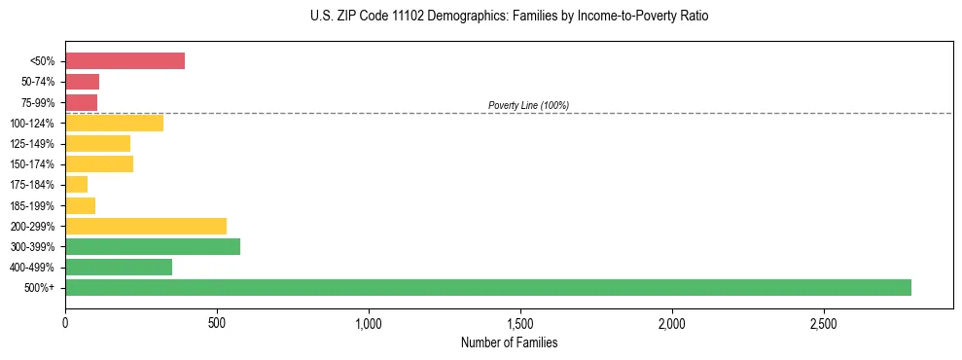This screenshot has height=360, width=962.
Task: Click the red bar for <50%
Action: (x=125, y=61)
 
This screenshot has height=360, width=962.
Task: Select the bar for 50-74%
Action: (x=82, y=82)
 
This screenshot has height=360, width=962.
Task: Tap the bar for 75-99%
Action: (x=81, y=102)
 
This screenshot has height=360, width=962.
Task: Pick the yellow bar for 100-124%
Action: (x=114, y=123)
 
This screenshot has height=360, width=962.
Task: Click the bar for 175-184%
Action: (x=76, y=184)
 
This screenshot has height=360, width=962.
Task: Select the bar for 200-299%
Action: (x=146, y=226)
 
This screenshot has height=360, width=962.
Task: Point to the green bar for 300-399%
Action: (x=153, y=246)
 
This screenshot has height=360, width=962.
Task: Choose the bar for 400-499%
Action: (x=119, y=267)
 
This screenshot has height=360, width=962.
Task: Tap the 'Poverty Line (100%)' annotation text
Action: (x=528, y=105)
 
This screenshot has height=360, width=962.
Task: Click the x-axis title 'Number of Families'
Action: (x=509, y=342)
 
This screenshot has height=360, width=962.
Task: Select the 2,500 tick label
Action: (x=824, y=322)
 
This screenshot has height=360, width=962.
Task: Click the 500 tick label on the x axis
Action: (x=217, y=322)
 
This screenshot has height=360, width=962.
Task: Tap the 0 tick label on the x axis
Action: (x=65, y=322)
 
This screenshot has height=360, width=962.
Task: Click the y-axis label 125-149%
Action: (x=32, y=144)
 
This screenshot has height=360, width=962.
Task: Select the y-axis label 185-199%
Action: (x=32, y=205)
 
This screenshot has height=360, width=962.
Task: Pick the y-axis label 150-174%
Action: (x=32, y=164)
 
